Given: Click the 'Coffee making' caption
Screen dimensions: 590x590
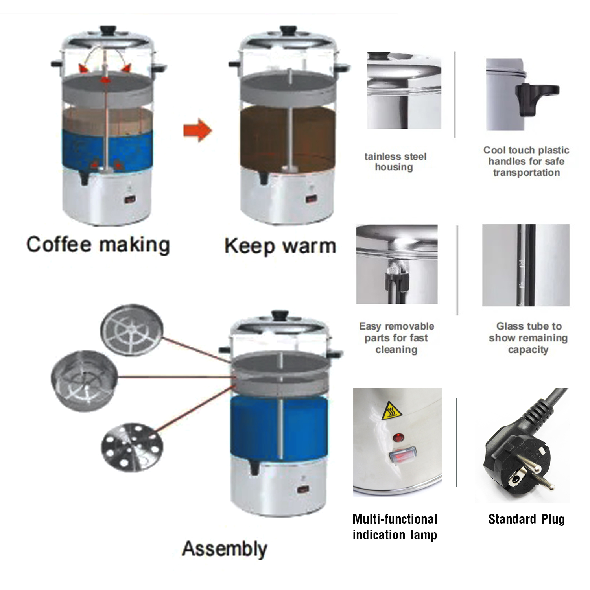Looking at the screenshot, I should (98, 245).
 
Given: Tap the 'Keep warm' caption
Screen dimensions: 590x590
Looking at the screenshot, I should (280, 246).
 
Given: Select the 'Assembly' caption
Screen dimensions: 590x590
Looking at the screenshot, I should (225, 549).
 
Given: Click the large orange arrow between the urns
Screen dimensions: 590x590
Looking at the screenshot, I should (197, 130).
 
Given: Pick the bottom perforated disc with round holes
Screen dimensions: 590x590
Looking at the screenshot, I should (132, 447).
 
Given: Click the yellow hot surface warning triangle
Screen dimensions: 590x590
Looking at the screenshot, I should (392, 411).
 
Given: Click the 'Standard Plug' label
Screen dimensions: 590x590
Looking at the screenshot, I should (526, 519).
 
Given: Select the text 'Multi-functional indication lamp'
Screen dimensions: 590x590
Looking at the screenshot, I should (395, 527).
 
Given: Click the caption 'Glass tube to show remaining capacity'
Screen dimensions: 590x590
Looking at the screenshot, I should (528, 338).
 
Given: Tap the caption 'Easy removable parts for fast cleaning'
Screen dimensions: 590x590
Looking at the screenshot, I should (396, 338).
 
